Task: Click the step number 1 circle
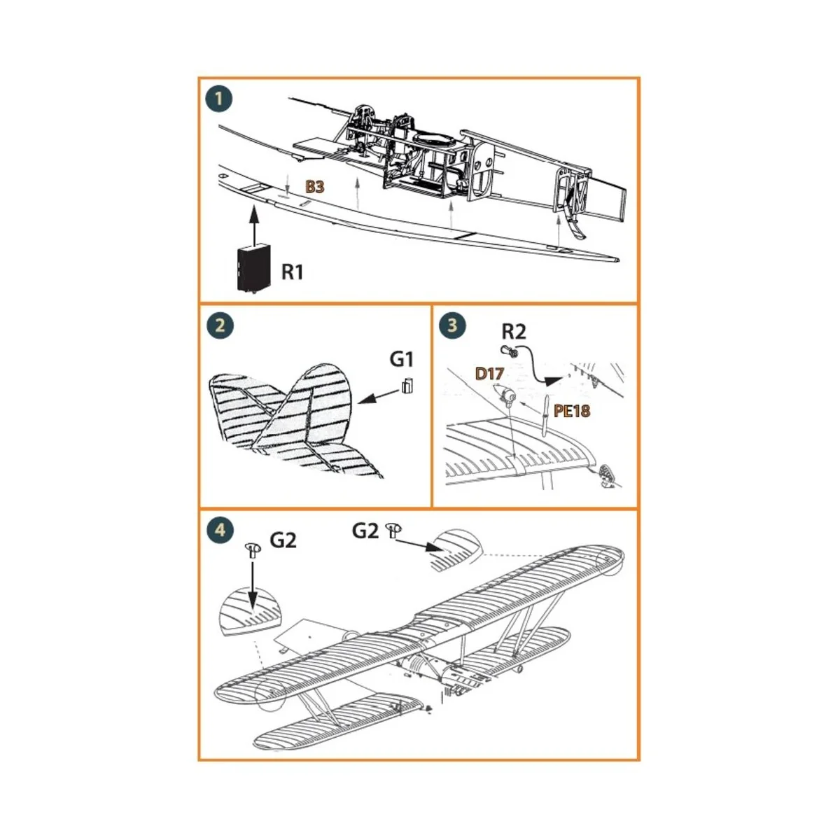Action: coord(218,99)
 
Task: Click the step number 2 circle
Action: coord(220,325)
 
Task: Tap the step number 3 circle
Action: coord(452,325)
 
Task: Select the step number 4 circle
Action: coord(220,530)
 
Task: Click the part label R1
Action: coord(293,272)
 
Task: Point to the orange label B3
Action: coord(315,188)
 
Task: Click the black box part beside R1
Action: coord(254,268)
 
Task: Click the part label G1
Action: coord(402,359)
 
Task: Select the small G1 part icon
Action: coord(408,386)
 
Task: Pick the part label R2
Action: coord(513,331)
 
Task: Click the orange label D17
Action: coord(489,374)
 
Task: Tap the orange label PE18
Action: coord(572,411)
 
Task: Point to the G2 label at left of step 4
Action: coord(283,540)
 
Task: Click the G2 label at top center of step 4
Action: coord(365,531)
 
